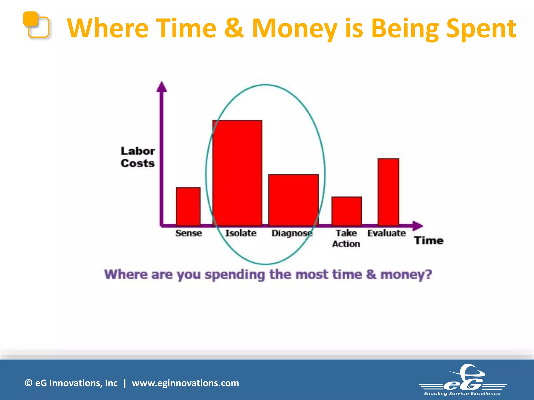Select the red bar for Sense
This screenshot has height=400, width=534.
tap(188, 206)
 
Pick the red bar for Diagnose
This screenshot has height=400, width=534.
tap(293, 200)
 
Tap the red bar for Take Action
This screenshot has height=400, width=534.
tap(347, 211)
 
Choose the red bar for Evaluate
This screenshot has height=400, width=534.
tap(388, 192)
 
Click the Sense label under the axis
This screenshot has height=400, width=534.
tap(189, 233)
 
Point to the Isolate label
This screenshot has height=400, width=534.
tap(241, 233)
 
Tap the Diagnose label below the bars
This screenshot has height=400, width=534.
tap(292, 233)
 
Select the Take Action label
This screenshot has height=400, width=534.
tap(346, 238)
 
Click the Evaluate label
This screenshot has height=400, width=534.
tap(386, 233)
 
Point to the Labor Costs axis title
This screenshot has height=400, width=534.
tap(138, 157)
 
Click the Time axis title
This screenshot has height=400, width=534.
tap(429, 240)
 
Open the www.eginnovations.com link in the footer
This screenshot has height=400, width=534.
tap(185, 383)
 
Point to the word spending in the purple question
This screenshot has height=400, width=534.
tap(234, 275)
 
